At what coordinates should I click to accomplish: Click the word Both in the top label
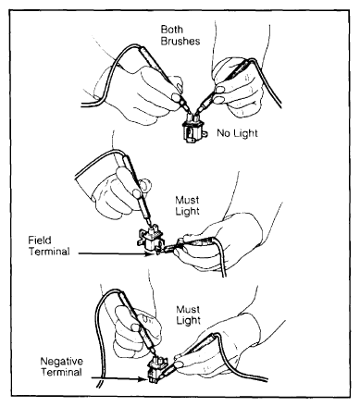172,30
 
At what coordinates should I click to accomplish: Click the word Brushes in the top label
180,41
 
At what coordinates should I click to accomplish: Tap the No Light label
237,133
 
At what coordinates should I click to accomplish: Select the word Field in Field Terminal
40,240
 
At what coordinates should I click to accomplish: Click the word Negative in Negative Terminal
62,361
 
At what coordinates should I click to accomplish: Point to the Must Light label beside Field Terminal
187,205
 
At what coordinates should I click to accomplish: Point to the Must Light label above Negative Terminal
188,314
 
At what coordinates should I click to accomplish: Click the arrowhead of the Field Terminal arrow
150,253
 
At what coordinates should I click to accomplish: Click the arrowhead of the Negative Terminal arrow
143,379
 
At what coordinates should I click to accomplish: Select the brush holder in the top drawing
192,129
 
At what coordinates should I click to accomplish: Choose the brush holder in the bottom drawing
157,369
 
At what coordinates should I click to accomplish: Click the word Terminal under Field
50,252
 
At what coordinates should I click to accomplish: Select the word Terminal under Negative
62,372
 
